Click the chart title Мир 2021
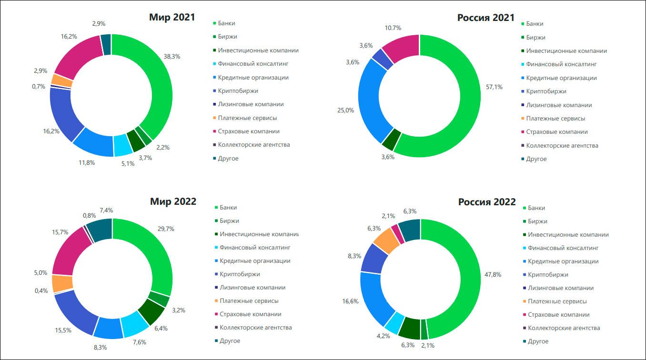click(173, 18)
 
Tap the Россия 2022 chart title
click(487, 202)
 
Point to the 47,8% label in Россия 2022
click(494, 275)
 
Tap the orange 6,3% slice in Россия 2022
click(386, 241)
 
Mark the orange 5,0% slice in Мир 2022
click(62, 283)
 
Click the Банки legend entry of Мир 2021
click(227, 23)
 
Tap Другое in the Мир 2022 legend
click(229, 341)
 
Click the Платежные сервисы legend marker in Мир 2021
click(214, 118)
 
